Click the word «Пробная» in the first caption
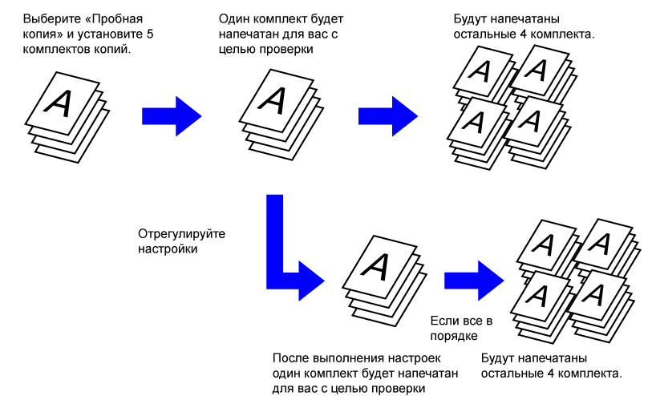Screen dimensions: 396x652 [x=122, y=17]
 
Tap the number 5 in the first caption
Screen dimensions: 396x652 [x=150, y=34]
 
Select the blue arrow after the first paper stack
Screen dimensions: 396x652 [x=170, y=115]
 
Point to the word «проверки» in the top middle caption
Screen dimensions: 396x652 [x=286, y=50]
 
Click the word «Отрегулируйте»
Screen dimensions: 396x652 [x=176, y=233]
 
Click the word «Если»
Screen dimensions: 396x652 [x=446, y=319]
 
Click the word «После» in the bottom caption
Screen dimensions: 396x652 [x=290, y=358]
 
